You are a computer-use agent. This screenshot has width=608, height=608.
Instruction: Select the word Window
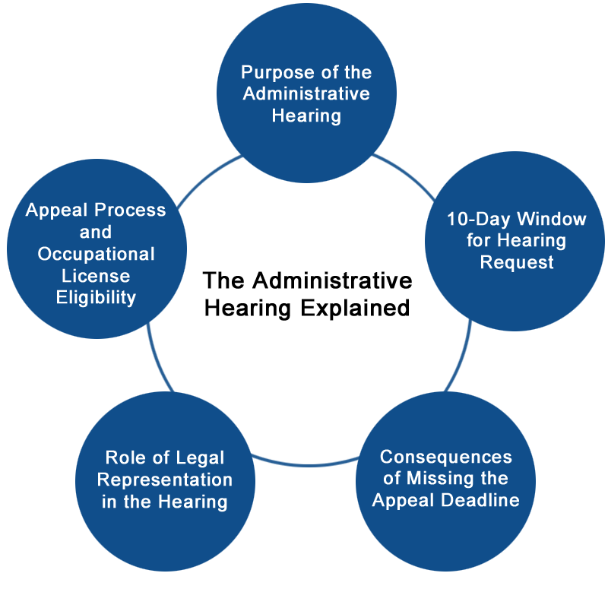(552, 219)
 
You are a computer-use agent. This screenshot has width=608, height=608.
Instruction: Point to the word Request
(517, 263)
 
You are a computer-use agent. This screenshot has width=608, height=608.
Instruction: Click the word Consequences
(446, 457)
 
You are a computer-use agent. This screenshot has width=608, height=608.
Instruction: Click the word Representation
(165, 480)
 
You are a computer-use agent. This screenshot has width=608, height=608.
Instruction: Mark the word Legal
(201, 458)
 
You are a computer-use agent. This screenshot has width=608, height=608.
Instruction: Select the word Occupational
(97, 255)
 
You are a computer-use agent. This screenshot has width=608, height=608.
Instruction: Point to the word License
(96, 276)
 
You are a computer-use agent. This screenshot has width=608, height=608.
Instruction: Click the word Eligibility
(96, 298)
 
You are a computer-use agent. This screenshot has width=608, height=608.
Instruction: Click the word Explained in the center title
(355, 309)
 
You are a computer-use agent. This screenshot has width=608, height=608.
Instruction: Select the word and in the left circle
(96, 233)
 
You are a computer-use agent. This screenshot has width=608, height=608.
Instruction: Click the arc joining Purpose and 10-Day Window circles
(407, 173)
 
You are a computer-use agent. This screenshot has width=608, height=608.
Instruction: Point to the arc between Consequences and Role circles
(306, 464)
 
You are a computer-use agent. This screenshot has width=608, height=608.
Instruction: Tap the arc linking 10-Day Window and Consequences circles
(461, 357)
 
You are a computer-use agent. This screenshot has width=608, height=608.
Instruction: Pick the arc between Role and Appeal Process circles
(157, 359)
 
